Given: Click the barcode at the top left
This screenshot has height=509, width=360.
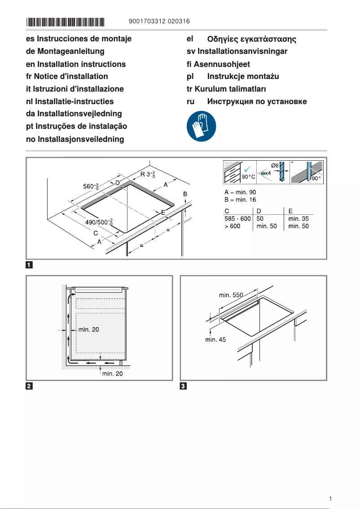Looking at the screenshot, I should pyautogui.click(x=65, y=22).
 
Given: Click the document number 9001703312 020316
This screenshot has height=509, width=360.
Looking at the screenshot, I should pyautogui.click(x=158, y=22).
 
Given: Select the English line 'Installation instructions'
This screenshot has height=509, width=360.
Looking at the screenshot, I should pyautogui.click(x=76, y=64).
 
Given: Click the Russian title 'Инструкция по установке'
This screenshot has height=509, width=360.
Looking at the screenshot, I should pyautogui.click(x=257, y=101).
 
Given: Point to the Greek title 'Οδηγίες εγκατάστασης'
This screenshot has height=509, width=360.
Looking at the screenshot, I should pyautogui.click(x=251, y=39).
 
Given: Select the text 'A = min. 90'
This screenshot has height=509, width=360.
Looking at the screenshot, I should pyautogui.click(x=240, y=192).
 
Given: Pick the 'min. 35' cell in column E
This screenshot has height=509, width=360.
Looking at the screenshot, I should pyautogui.click(x=298, y=219).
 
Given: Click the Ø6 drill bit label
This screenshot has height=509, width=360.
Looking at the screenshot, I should pyautogui.click(x=275, y=166).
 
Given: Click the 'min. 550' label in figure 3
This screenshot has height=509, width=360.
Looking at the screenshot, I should pyautogui.click(x=231, y=295).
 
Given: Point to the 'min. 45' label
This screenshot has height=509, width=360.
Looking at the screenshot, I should pyautogui.click(x=215, y=340).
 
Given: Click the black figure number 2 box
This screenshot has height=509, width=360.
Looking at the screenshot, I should pyautogui.click(x=29, y=386).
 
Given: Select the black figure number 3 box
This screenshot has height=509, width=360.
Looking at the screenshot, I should pyautogui.click(x=183, y=386).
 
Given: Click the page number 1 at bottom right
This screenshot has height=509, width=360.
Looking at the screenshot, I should pyautogui.click(x=330, y=499).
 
